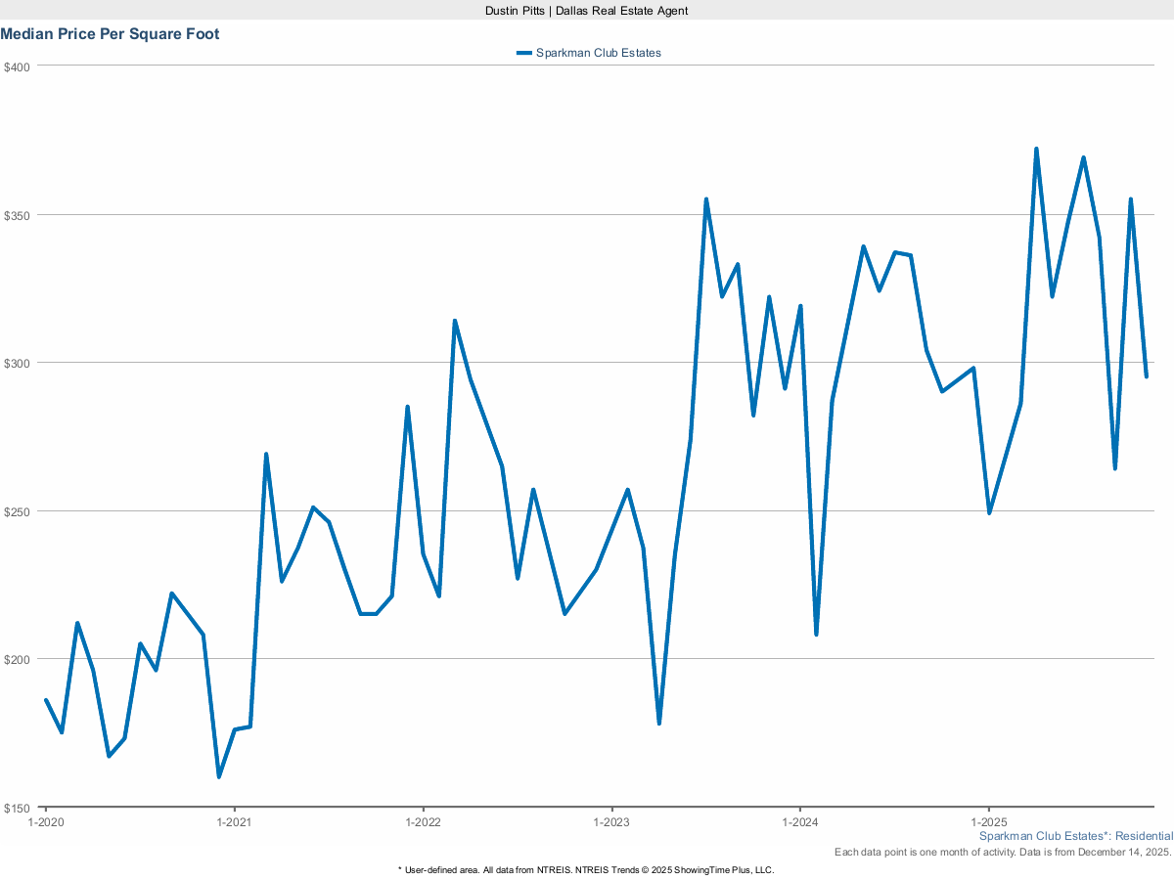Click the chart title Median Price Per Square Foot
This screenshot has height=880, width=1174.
tap(110, 34)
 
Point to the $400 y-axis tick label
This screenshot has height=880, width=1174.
tap(19, 66)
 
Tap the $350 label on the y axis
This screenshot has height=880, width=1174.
tap(19, 215)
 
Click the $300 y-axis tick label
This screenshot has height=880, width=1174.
tap(19, 363)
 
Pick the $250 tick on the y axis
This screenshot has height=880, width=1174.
tap(19, 511)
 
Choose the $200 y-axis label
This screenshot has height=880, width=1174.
tap(19, 659)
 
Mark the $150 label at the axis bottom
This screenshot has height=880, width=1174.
tap(19, 808)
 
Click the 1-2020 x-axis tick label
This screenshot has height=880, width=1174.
tap(46, 823)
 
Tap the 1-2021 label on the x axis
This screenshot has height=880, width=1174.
tap(234, 823)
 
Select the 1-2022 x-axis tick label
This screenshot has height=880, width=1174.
tap(423, 823)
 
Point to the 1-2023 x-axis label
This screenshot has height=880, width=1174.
tap(611, 823)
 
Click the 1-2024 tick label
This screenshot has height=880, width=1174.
tap(800, 823)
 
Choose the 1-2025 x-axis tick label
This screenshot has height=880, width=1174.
tap(989, 823)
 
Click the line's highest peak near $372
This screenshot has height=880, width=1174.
tap(1036, 150)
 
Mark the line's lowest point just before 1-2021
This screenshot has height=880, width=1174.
tap(219, 776)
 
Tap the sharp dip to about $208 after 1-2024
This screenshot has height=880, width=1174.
tap(816, 634)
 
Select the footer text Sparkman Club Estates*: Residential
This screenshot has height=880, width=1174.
tap(1075, 837)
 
